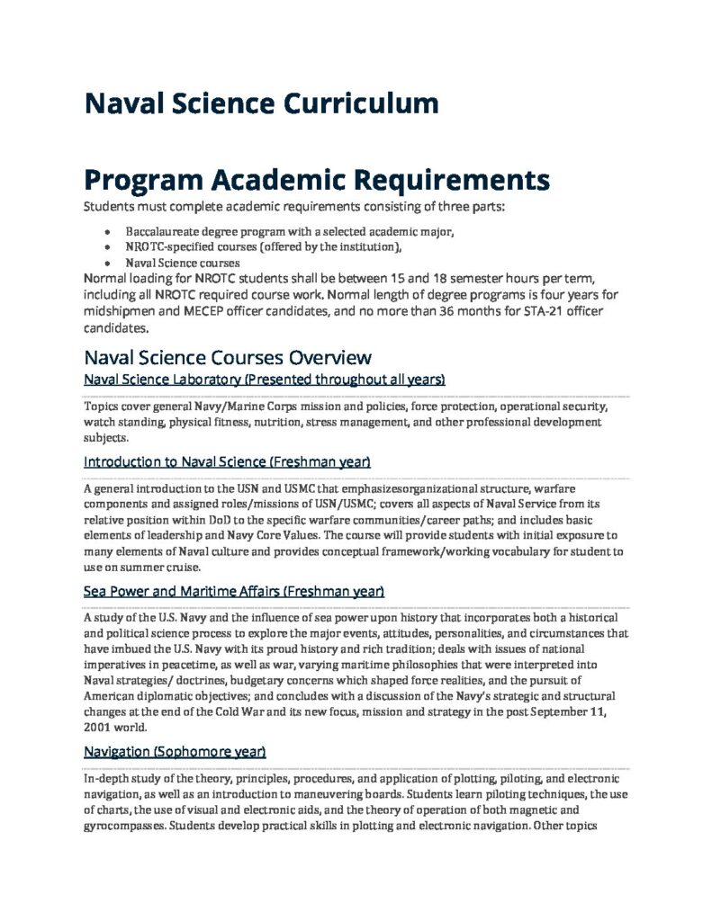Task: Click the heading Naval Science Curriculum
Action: (x=261, y=103)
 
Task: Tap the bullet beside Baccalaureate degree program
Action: (x=109, y=231)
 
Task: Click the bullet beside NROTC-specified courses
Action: (x=109, y=246)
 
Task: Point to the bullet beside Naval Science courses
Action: (x=109, y=263)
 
